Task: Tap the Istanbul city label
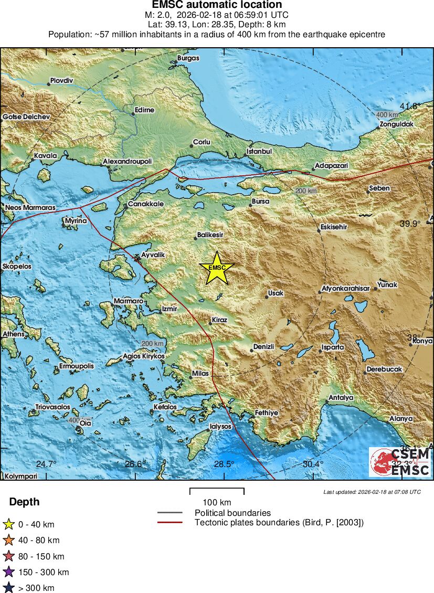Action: pyautogui.click(x=259, y=152)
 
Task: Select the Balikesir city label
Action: pyautogui.click(x=210, y=235)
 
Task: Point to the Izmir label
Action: pyautogui.click(x=170, y=309)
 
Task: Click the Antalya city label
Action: pyautogui.click(x=341, y=398)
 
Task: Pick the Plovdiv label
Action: pyautogui.click(x=61, y=81)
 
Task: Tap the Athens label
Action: pyautogui.click(x=13, y=334)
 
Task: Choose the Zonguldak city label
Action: pyautogui.click(x=397, y=124)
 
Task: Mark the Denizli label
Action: pyautogui.click(x=264, y=347)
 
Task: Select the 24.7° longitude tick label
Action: pyautogui.click(x=46, y=464)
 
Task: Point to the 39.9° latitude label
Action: pyautogui.click(x=411, y=224)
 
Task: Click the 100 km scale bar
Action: pyautogui.click(x=217, y=492)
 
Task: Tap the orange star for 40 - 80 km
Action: pyautogui.click(x=9, y=540)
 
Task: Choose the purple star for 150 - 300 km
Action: pyautogui.click(x=9, y=572)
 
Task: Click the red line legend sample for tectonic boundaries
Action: pyautogui.click(x=170, y=522)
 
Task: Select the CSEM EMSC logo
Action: pyautogui.click(x=400, y=462)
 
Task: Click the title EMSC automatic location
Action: pyautogui.click(x=217, y=5)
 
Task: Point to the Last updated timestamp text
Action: pyautogui.click(x=372, y=492)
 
